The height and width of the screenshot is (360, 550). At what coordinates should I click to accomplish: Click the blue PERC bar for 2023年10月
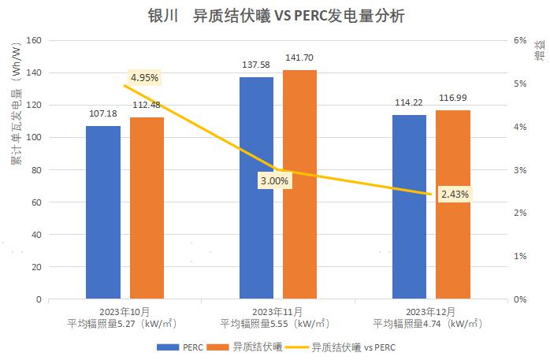[x=103, y=212]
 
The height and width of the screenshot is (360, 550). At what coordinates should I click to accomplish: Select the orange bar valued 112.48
[x=147, y=208]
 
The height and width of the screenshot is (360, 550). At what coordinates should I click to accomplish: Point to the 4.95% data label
[x=145, y=77]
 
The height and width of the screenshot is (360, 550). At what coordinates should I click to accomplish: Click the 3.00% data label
[x=274, y=180]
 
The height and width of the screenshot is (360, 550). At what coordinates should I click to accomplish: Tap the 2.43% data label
[x=455, y=194]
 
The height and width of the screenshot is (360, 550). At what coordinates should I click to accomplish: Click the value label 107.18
[x=103, y=114]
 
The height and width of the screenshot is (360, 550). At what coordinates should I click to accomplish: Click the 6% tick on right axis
[x=519, y=40]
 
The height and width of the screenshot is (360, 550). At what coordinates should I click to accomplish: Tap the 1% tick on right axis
[x=519, y=257]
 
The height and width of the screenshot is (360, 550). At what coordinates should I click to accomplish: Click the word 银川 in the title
[x=158, y=15]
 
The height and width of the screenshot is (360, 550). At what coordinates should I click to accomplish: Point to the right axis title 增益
[x=539, y=55]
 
